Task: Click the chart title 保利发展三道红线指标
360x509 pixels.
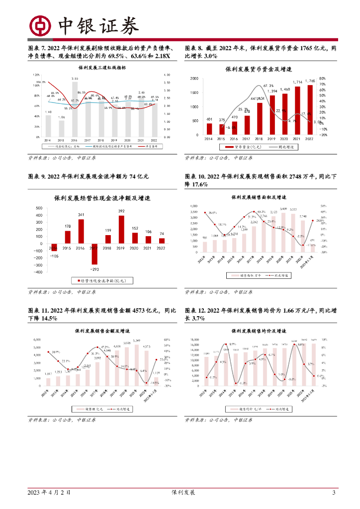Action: click(99, 68)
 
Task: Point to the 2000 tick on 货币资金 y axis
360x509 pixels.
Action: click(194, 79)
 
